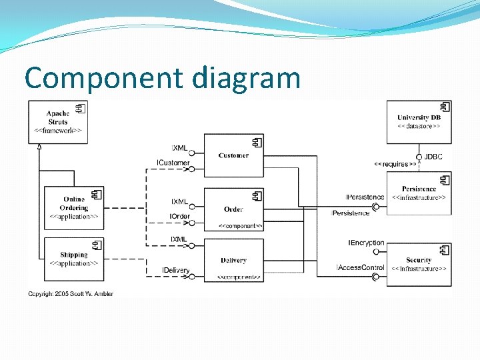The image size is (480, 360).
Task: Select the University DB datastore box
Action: point(419,121)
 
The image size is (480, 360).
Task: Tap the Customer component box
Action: point(233,155)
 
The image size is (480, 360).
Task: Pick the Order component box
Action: point(233,209)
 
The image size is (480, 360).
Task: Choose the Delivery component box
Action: point(233,260)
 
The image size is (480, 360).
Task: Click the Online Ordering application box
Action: point(74,207)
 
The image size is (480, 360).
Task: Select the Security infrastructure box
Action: point(419,264)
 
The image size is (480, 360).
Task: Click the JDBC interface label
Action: point(433,157)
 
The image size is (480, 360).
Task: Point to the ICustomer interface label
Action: point(173,163)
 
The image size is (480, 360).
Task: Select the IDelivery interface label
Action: point(175,270)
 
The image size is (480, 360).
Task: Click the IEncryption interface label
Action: point(366,243)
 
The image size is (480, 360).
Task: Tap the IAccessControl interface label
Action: point(361,268)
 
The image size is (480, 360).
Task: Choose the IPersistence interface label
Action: point(365,197)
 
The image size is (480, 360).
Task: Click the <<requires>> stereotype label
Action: point(395,163)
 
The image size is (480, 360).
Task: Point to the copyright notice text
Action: point(70,293)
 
